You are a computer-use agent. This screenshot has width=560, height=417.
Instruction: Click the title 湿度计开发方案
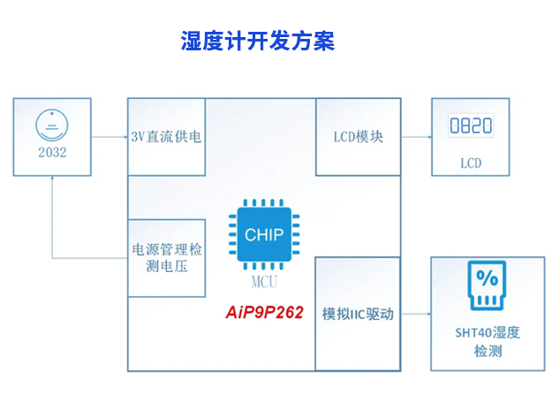(x=257, y=42)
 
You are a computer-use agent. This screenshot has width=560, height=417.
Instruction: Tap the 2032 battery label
(x=52, y=151)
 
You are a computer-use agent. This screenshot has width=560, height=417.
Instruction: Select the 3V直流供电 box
(x=167, y=137)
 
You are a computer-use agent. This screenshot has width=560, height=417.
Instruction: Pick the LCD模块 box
(x=358, y=137)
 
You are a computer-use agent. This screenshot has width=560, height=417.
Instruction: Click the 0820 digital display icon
(x=471, y=126)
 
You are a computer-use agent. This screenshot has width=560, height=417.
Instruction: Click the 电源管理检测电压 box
(x=167, y=257)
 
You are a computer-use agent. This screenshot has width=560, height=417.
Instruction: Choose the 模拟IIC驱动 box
(x=358, y=314)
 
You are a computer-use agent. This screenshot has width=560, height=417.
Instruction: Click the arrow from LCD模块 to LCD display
(x=415, y=137)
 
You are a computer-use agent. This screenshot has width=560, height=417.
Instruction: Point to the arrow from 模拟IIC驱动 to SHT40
(x=415, y=314)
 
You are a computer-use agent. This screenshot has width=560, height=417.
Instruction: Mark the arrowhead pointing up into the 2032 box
(x=52, y=178)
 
